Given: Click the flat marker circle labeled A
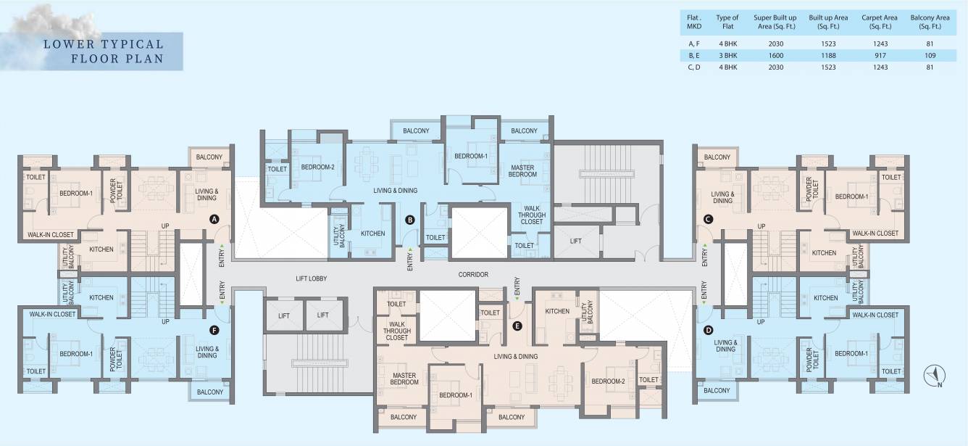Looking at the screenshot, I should (214, 218).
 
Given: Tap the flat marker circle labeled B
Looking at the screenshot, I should (409, 219).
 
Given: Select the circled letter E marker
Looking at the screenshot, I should (517, 326).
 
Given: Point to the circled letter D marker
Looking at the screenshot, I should (708, 330).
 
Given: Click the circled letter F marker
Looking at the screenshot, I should (214, 330).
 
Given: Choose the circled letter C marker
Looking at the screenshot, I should (708, 218).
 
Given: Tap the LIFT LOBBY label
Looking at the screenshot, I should (312, 278).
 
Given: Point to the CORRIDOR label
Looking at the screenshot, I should (474, 275).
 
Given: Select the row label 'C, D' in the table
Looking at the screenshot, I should (693, 67).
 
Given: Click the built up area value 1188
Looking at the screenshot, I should (827, 55).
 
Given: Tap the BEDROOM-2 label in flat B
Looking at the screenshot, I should (317, 168).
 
